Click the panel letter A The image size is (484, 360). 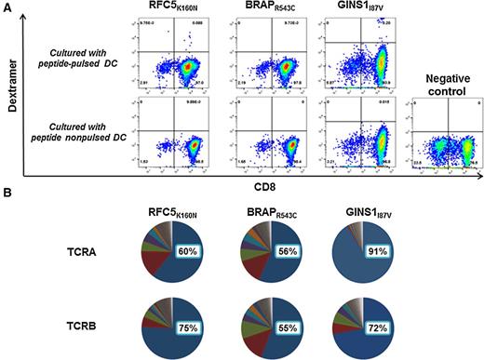click(x=7, y=7)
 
